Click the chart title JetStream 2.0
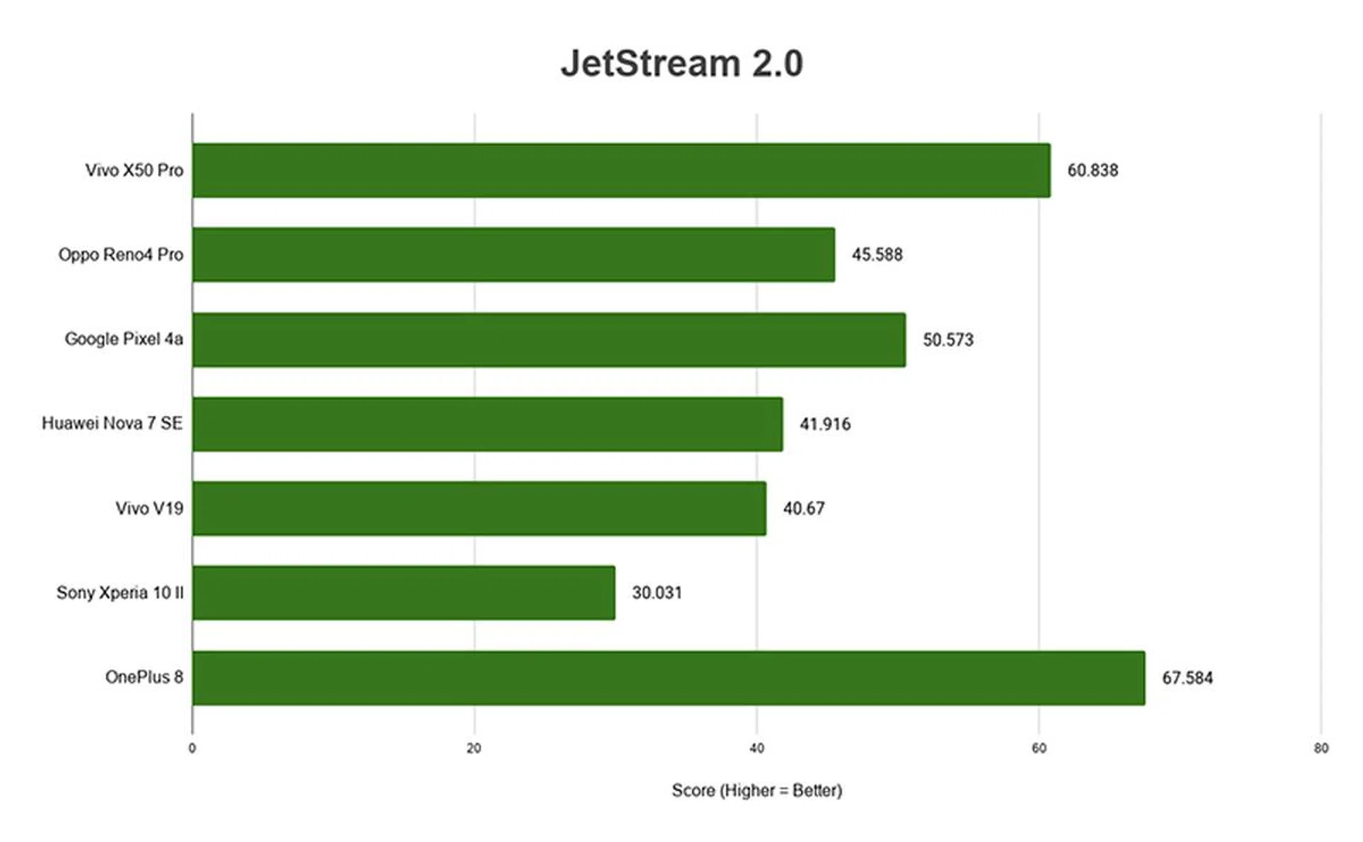[x=681, y=63]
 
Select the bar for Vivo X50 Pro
[x=621, y=170]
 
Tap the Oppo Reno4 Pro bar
[x=513, y=254]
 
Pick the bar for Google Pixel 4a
[x=549, y=339]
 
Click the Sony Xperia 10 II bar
[x=403, y=593]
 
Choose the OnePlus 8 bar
[x=668, y=678]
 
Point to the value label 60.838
[x=1093, y=170]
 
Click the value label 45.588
[x=877, y=254]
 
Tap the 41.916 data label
[x=825, y=424]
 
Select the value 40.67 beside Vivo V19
[x=804, y=508]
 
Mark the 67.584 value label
[x=1187, y=678]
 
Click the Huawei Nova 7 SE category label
[x=112, y=423]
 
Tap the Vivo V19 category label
[x=149, y=508]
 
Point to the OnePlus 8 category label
[x=144, y=677]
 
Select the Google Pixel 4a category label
[x=124, y=339]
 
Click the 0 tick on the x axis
[x=192, y=748]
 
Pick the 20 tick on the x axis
[x=474, y=748]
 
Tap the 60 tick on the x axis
[x=1039, y=748]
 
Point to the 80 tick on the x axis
[x=1320, y=748]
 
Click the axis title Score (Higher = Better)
[x=757, y=790]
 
